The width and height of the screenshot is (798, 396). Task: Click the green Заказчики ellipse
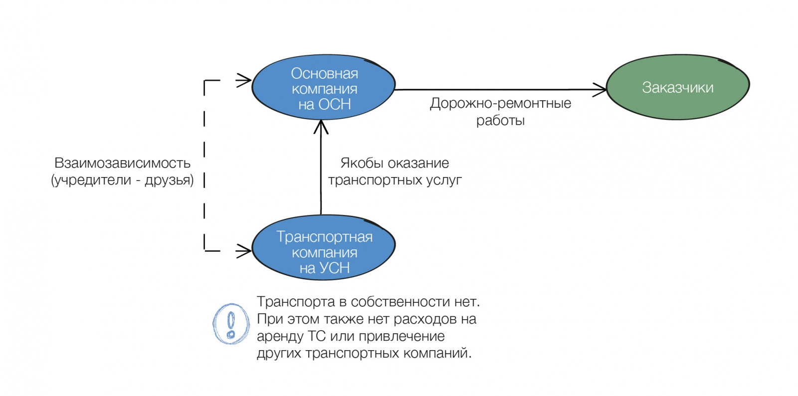677,87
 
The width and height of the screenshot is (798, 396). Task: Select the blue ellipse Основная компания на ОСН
324,88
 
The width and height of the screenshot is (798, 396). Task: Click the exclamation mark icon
231,324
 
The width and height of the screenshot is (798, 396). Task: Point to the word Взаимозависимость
122,163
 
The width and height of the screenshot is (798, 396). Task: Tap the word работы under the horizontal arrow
500,121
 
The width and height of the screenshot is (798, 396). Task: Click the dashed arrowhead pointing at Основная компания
244,80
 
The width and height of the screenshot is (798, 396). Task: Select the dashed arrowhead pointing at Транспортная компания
244,250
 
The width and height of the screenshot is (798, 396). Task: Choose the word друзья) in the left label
169,180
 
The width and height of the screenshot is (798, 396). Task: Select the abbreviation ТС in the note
317,336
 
